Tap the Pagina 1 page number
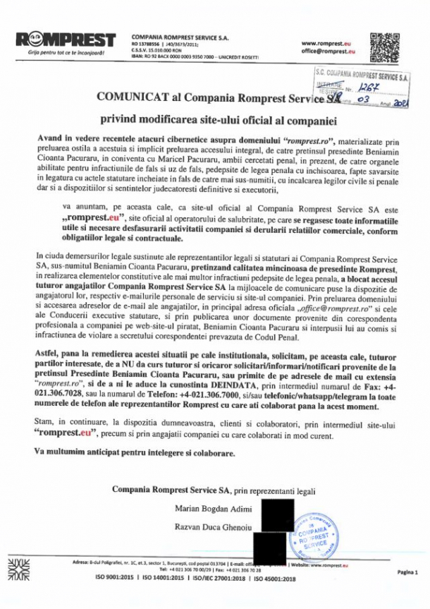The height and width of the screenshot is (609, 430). click(x=407, y=572)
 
